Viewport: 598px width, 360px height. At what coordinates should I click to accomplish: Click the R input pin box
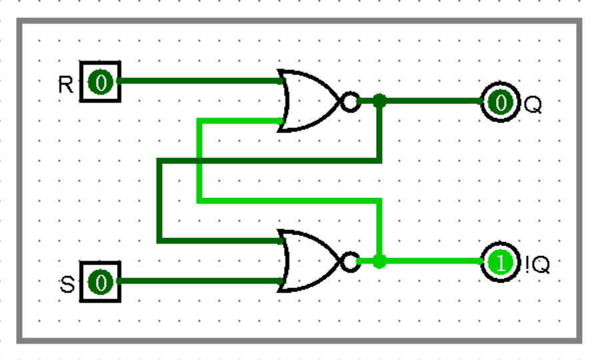click(101, 82)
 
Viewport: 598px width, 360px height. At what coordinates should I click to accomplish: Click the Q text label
click(532, 105)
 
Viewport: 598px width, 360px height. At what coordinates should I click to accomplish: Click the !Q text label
click(537, 266)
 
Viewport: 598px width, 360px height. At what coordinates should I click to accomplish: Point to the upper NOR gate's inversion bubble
click(349, 102)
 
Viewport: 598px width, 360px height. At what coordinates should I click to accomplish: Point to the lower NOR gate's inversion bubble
click(349, 262)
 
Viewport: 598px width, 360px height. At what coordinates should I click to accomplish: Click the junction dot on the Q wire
click(379, 101)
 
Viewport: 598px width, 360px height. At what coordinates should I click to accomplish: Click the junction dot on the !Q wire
click(379, 261)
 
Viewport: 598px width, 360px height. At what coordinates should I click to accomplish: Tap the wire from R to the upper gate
click(200, 81)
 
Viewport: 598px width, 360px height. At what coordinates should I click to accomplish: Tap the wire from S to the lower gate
click(200, 281)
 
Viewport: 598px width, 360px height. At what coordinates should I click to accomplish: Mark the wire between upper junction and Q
click(433, 101)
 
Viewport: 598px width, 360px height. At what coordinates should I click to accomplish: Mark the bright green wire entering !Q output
click(433, 261)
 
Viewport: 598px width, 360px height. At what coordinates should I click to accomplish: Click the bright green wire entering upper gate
click(240, 121)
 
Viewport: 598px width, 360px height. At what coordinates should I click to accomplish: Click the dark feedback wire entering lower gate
click(220, 241)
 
